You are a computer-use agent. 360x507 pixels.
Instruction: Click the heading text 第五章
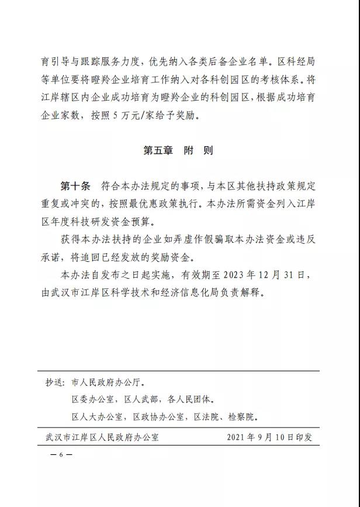[158, 150]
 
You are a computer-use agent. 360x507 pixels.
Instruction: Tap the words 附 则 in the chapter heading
[198, 150]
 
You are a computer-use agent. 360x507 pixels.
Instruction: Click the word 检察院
[243, 417]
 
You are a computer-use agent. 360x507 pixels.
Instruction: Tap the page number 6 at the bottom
[60, 454]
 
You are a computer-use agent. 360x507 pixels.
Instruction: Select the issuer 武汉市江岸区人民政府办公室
[102, 437]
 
